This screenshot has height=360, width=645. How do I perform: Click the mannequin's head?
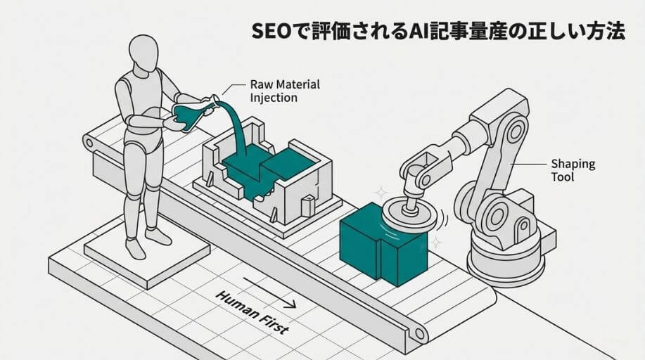pos(145,53)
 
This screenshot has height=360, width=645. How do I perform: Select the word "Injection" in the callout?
pos(274,98)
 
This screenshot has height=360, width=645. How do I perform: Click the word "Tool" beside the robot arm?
pos(561,177)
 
